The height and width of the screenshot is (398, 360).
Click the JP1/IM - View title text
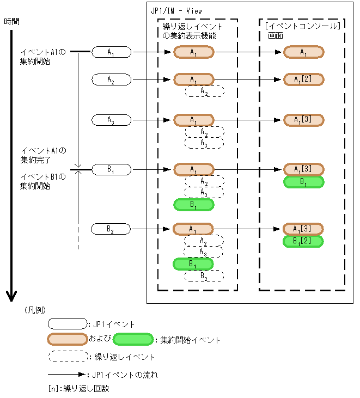pos(176,11)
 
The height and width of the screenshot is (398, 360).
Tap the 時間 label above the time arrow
pos(11,22)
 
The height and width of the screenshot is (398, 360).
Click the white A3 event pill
pos(112,120)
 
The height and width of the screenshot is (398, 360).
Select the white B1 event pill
pos(112,169)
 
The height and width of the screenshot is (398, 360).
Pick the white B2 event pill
pos(111,229)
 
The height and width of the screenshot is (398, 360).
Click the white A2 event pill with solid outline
pos(112,79)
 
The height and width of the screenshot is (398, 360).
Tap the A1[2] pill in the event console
pos(304,79)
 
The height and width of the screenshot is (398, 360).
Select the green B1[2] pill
pos(303,241)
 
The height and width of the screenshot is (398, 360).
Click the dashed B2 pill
pos(204,276)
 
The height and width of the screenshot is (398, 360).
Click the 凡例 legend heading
pos(35,310)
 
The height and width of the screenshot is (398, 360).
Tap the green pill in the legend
pos(133,339)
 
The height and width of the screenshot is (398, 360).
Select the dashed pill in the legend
pos(68,357)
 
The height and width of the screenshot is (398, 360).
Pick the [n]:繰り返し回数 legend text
pos(79,389)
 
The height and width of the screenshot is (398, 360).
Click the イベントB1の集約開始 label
pos(42,181)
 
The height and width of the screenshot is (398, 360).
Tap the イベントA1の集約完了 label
pos(43,155)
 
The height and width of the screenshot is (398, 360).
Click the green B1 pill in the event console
pos(304,182)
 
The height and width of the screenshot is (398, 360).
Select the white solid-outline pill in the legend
pos(68,323)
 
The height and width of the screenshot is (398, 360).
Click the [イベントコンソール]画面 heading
pos(302,30)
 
